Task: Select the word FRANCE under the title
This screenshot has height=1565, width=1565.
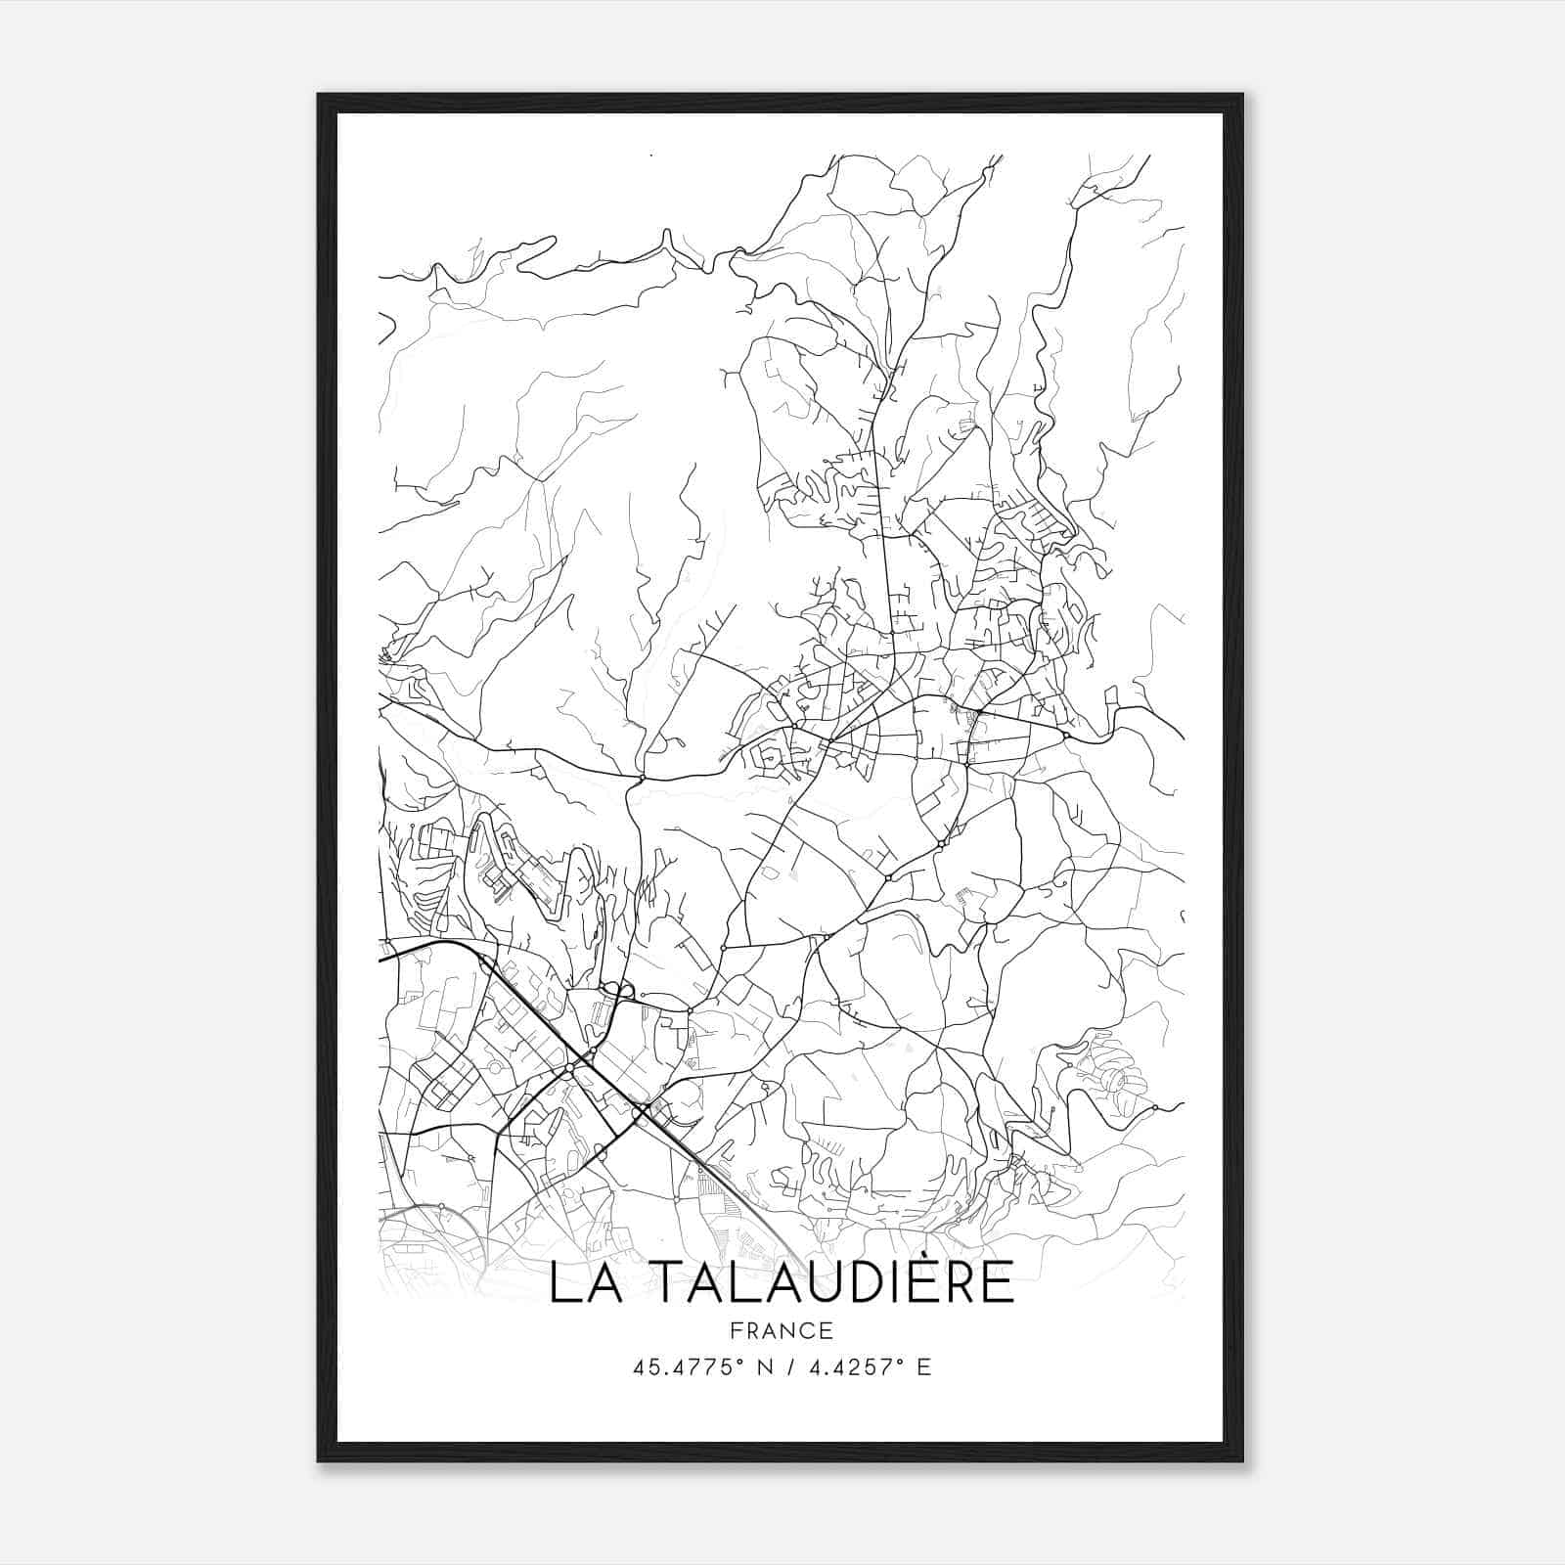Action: pyautogui.click(x=782, y=1330)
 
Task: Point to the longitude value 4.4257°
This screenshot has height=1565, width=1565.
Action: pyautogui.click(x=850, y=1366)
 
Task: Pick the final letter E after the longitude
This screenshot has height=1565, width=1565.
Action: pyautogui.click(x=923, y=1366)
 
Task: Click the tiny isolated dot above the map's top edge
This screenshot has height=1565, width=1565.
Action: pyautogui.click(x=649, y=156)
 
